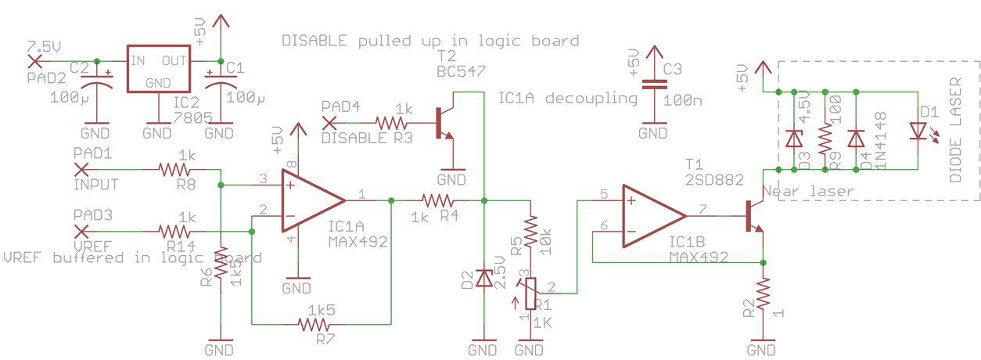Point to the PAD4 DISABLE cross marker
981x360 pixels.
pos(329,121)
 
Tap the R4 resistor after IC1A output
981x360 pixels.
pos(434,200)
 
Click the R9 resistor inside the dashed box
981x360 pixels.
pos(825,139)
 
